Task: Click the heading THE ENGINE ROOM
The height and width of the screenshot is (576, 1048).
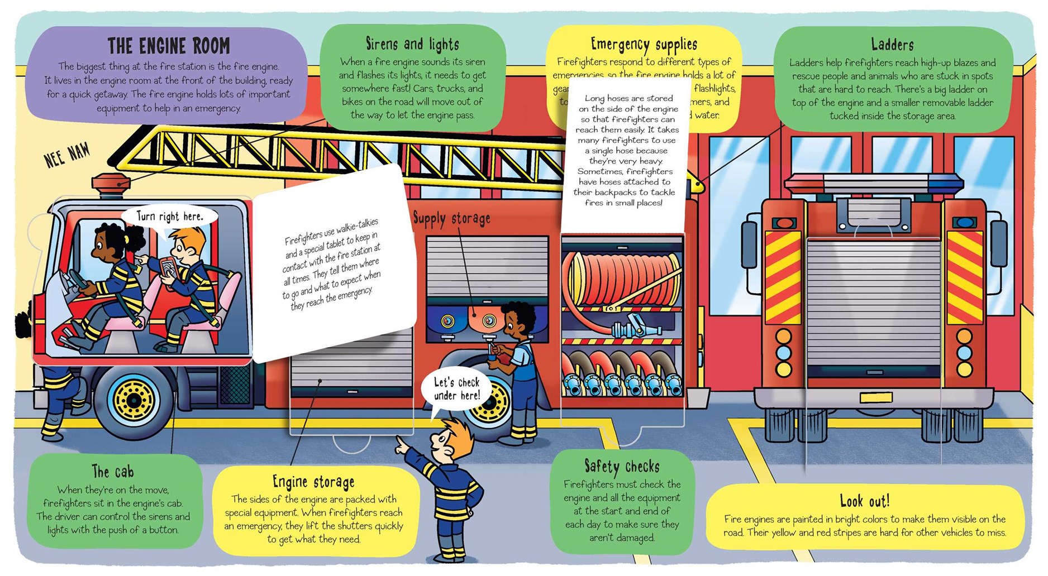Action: [168, 46]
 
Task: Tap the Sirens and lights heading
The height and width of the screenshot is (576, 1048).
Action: [412, 44]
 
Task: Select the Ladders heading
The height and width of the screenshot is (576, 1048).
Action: [892, 45]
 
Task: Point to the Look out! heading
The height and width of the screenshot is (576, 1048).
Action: [864, 501]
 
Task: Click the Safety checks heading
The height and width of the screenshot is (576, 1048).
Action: [622, 466]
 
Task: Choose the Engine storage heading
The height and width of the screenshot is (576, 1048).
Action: [313, 482]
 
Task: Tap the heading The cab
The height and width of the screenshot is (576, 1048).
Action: [113, 472]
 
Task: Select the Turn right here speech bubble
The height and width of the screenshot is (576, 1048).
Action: [169, 217]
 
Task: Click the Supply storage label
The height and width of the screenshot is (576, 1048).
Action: [451, 218]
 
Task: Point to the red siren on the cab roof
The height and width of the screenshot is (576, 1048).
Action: [111, 184]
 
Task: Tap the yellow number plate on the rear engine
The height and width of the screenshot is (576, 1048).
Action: [875, 397]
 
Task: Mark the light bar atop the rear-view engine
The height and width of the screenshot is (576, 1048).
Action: [874, 183]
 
